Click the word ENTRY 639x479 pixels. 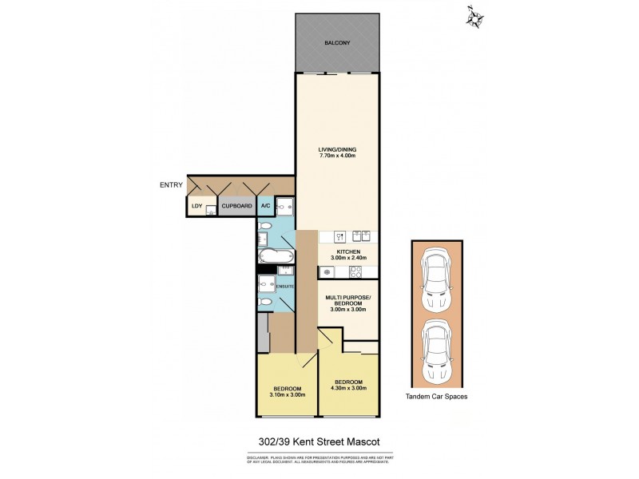171,185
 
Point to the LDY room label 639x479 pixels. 196,206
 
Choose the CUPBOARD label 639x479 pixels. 237,206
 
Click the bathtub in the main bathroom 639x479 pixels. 275,255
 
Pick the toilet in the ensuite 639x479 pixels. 264,303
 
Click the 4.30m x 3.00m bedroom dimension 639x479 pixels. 349,388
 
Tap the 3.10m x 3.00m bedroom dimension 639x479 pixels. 288,394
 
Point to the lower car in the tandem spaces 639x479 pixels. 436,352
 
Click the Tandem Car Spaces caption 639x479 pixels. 436,397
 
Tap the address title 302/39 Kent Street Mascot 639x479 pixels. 319,441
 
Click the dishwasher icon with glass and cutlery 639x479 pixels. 338,236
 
